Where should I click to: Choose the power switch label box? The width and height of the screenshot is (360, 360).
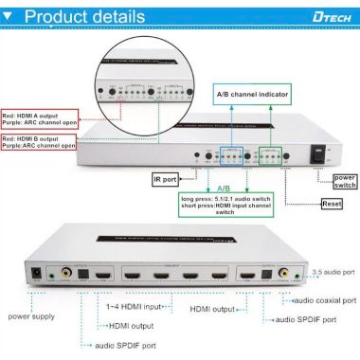[344, 179]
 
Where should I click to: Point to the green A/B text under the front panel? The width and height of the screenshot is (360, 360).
[224, 187]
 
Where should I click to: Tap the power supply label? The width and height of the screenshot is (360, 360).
[31, 315]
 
